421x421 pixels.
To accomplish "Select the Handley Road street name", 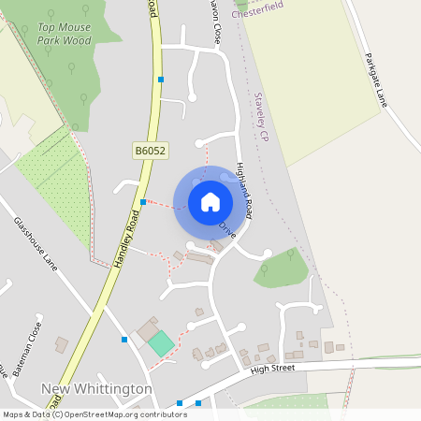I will tap(126, 240).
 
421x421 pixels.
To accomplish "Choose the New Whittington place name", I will tap(97, 388).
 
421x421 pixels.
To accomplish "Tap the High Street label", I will tap(272, 370).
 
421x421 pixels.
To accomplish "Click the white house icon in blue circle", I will tap(210, 201).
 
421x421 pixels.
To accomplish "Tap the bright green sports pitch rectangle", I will tap(161, 343).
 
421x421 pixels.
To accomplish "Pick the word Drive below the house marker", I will tap(227, 228).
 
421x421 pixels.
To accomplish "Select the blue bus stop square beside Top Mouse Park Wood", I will tap(161, 80).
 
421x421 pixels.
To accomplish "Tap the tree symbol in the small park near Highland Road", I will tap(266, 270).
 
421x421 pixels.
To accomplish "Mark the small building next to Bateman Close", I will tap(61, 344).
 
